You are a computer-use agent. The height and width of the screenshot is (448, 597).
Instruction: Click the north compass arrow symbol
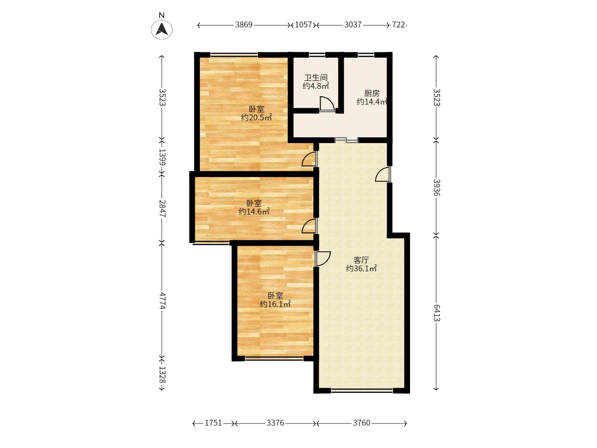pos(162,29)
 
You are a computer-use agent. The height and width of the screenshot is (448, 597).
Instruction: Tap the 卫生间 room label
pos(316,78)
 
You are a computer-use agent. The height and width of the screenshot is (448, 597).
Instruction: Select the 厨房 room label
pos(372,93)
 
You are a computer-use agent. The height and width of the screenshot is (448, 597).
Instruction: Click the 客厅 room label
pos(361,260)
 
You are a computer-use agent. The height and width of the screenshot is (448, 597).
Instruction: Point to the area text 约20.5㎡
pos(257,117)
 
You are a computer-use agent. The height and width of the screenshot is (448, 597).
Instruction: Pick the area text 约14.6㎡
pos(254,212)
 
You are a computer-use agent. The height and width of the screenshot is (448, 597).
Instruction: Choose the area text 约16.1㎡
pos(275,304)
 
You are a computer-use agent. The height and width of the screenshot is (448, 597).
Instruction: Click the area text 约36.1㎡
pos(361,268)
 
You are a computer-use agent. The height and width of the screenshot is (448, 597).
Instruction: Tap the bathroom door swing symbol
pos(327,104)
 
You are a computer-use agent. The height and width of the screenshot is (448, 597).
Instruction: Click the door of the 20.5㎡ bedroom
pos(309,159)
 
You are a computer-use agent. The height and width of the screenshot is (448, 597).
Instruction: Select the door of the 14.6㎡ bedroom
pos(309,226)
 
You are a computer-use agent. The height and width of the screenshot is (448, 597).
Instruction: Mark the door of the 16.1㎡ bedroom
pos(323,258)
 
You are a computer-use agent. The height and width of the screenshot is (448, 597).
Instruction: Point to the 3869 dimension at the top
pos(244,25)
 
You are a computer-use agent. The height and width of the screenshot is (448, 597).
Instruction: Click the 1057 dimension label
pos(303,25)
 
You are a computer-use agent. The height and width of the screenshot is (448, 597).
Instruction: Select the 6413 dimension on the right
pos(437,312)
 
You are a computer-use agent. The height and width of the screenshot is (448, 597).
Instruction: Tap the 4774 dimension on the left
pos(162,300)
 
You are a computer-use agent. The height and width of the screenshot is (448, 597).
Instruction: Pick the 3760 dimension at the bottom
pos(361,423)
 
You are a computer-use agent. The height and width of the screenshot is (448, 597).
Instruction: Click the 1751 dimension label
pos(214,423)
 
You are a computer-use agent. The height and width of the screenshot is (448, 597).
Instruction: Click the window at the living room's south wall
pos(362,390)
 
